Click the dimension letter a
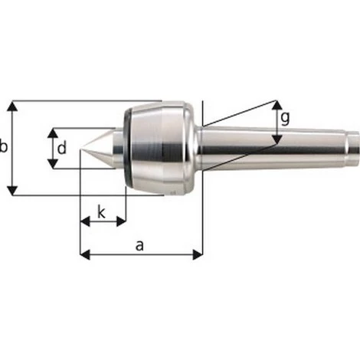139,244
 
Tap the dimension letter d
62,147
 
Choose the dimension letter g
285,118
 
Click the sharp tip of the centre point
81,148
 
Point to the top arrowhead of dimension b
13,105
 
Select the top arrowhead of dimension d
51,132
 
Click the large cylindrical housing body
161,147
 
